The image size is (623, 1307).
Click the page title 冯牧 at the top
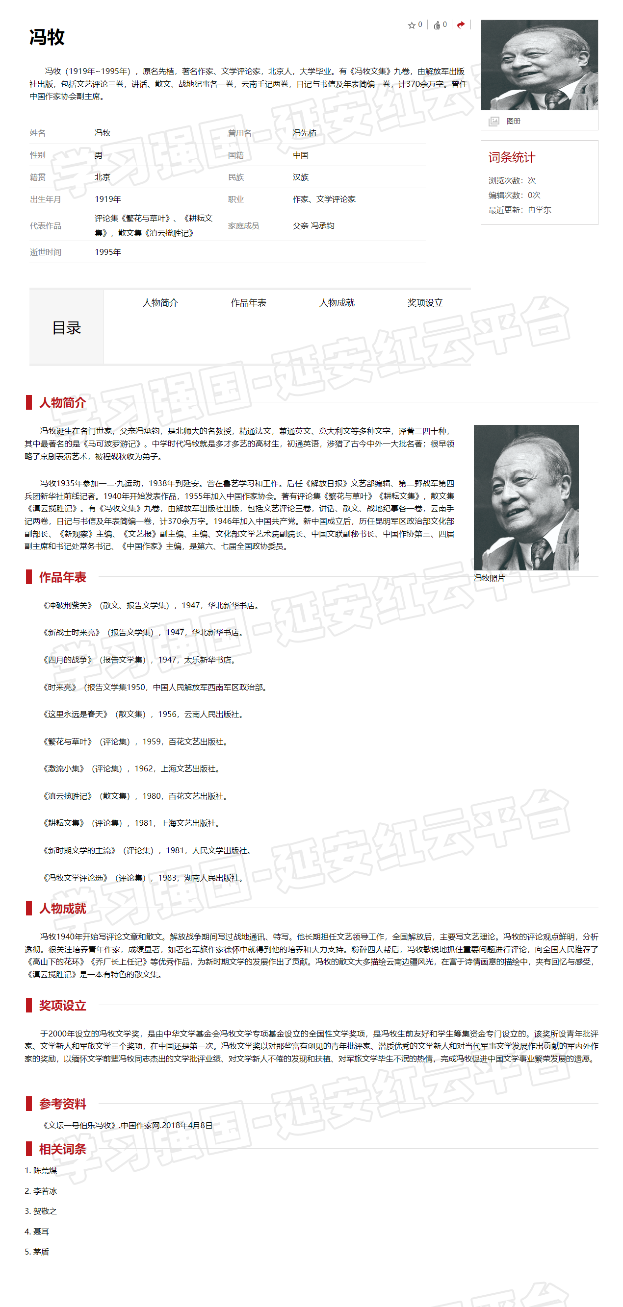[x=47, y=37]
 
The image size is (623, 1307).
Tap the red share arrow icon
[x=461, y=25]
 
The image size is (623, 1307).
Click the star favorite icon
[x=411, y=25]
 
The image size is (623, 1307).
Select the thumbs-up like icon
[x=437, y=25]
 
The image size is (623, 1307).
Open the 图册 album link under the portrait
[x=513, y=121]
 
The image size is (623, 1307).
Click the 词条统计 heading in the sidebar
[x=511, y=157]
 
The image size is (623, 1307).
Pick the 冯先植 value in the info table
[x=304, y=133]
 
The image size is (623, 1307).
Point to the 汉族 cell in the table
[x=301, y=177]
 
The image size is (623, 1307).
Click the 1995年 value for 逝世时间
[x=107, y=252]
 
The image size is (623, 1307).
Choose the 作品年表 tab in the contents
[x=248, y=303]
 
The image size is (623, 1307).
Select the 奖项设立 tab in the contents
[x=425, y=303]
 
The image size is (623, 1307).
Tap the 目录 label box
[x=67, y=328]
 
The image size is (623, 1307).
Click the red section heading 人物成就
[x=62, y=908]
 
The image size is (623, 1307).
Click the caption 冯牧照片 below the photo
[x=489, y=578]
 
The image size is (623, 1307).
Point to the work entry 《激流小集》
[x=63, y=769]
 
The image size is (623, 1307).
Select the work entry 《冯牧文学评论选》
[x=75, y=878]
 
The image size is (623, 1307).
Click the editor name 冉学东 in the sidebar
[x=539, y=210]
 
